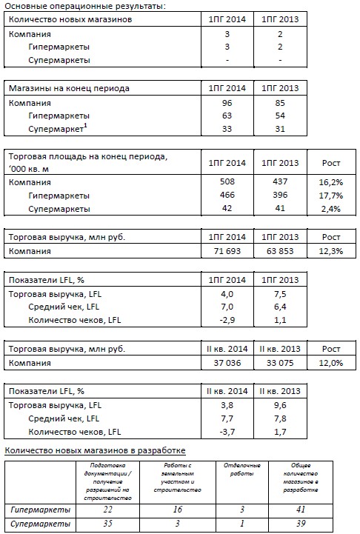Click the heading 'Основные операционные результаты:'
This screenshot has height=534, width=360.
85,6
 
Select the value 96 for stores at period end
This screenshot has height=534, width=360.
227,103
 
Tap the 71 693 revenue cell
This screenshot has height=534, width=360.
227,251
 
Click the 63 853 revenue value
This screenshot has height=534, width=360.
280,251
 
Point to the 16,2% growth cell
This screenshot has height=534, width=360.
330,182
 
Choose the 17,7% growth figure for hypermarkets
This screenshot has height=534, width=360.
330,196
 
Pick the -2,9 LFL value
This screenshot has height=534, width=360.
227,320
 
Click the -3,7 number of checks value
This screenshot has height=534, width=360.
227,432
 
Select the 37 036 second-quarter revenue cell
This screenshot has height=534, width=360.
227,363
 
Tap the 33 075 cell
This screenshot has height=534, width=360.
280,363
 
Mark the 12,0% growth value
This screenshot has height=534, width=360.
330,363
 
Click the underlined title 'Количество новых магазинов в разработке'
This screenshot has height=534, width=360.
95,450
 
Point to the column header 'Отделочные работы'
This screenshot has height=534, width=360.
241,470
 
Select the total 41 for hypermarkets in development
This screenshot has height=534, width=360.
301,510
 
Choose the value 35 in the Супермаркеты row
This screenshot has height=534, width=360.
107,523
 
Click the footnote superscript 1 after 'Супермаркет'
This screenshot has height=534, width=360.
85,126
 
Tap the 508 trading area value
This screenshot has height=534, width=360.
227,181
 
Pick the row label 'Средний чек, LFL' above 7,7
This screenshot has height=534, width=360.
64,418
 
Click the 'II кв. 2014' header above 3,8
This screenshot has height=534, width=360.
227,390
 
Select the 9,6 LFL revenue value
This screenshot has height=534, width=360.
280,405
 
